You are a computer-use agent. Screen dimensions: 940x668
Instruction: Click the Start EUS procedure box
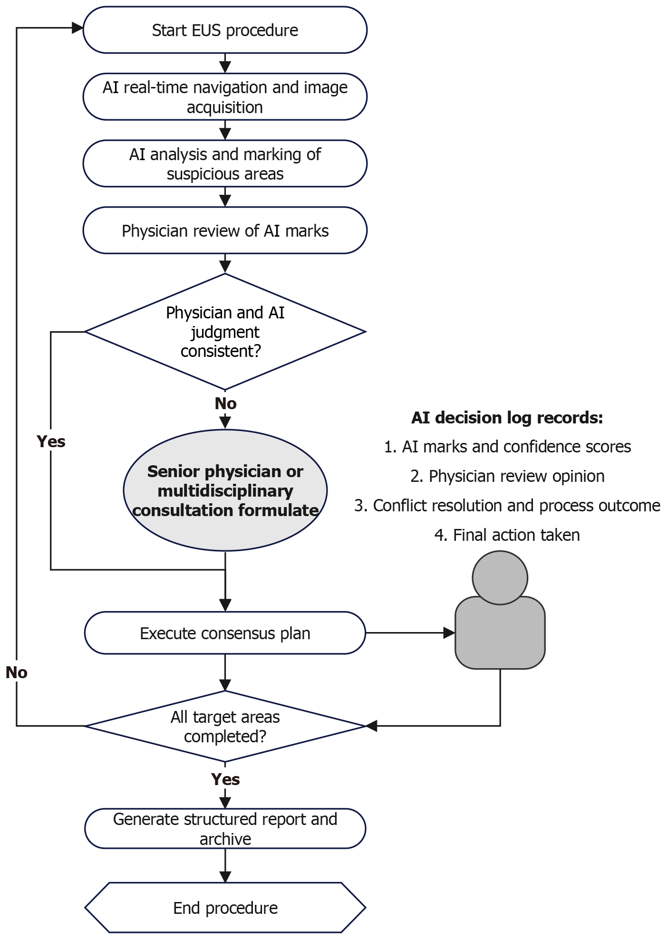(x=225, y=30)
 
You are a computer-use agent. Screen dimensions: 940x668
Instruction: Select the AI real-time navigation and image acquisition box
(x=225, y=97)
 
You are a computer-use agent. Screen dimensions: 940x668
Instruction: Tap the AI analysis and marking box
(x=225, y=163)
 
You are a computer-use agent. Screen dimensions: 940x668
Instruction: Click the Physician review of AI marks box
(x=225, y=230)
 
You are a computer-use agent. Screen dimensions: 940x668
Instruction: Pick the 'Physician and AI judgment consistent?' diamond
(x=225, y=332)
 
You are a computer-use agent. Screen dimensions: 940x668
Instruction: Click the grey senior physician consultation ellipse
(x=225, y=490)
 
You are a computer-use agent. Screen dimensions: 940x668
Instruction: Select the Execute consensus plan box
(x=225, y=633)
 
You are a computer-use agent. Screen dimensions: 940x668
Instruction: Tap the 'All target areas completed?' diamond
(x=225, y=726)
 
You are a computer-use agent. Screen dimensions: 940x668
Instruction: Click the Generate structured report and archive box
(x=225, y=829)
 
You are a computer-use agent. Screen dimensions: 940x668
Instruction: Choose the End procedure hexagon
(x=225, y=908)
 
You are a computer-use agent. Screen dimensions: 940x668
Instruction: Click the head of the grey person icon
(x=500, y=578)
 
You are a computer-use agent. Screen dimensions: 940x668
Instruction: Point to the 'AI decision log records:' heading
(x=507, y=418)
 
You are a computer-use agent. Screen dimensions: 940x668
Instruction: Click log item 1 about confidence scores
(x=507, y=447)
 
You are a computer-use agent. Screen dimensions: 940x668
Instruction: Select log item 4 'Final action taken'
(x=507, y=535)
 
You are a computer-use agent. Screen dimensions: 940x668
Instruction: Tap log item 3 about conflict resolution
(x=507, y=506)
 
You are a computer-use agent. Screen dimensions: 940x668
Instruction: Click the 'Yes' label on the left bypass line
(x=51, y=441)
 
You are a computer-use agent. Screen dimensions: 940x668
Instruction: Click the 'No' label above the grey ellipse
(x=225, y=403)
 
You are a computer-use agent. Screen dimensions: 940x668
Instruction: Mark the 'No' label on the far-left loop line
(x=17, y=672)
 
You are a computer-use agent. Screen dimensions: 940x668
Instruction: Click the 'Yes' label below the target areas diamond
(x=225, y=779)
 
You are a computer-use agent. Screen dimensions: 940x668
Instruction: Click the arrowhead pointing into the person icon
(x=449, y=633)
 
